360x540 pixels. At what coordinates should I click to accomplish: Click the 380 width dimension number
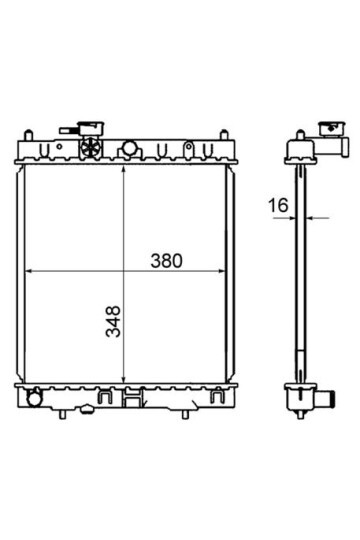166,261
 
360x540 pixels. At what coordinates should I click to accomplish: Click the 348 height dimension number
113,321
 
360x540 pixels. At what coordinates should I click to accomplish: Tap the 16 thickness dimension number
278,206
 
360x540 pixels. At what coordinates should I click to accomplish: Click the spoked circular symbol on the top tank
90,147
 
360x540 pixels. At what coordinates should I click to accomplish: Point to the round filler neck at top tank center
130,148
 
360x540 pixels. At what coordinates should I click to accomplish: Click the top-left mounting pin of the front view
29,134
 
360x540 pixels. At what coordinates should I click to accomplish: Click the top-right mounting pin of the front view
224,134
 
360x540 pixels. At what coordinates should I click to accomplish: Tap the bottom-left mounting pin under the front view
62,415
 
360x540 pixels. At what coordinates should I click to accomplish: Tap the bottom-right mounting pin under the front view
185,415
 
